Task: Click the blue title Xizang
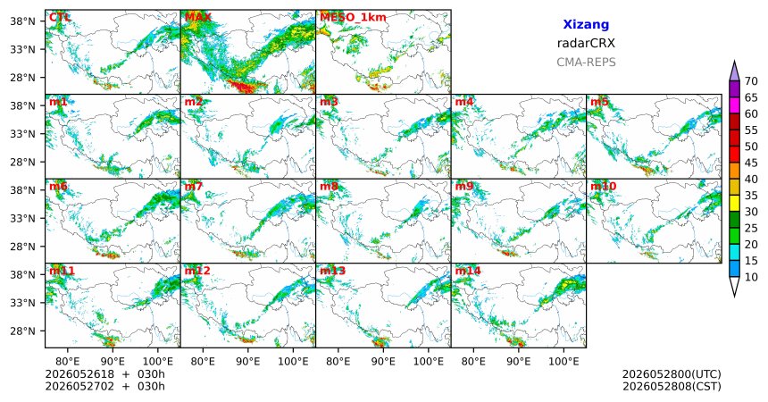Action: (x=586, y=24)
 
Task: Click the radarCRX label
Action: (x=586, y=43)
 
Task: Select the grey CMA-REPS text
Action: (x=586, y=63)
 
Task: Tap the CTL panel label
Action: (x=59, y=17)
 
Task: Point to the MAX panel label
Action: (x=198, y=17)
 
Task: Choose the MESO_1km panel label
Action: (x=353, y=18)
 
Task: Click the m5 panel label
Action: (x=599, y=102)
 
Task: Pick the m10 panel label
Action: (x=603, y=187)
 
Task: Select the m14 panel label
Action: (x=468, y=271)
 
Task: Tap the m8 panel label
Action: (x=329, y=187)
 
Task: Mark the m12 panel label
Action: (x=197, y=271)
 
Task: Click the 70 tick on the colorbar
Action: (x=751, y=81)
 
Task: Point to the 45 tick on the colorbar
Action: (x=751, y=163)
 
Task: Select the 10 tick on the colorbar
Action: (x=751, y=277)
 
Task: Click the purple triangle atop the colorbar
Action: (x=734, y=71)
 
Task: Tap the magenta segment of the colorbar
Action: (x=734, y=105)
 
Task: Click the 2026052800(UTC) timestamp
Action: (x=672, y=374)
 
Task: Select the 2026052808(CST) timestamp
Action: (x=672, y=386)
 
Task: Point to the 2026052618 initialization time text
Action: (x=79, y=374)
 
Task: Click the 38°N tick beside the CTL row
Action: (x=22, y=21)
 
